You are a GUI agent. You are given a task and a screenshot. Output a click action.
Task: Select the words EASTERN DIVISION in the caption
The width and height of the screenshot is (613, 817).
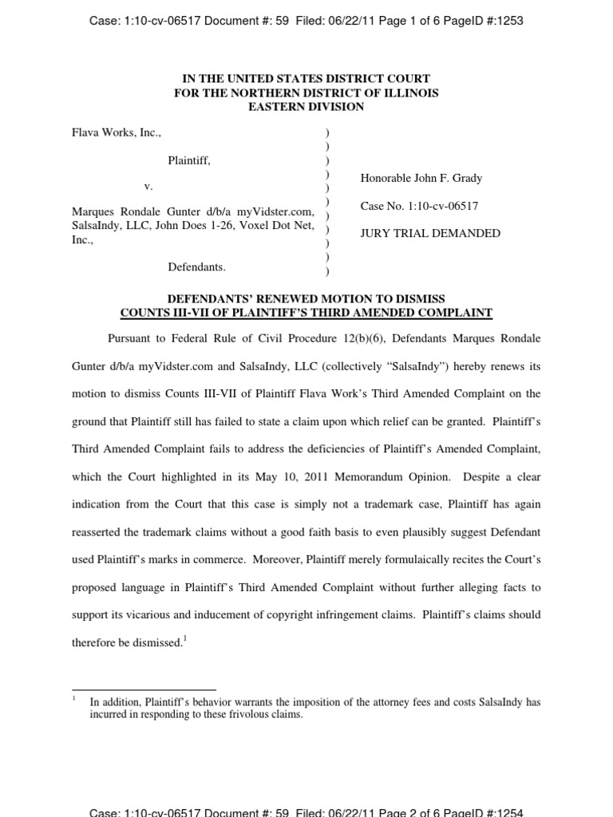pyautogui.click(x=306, y=107)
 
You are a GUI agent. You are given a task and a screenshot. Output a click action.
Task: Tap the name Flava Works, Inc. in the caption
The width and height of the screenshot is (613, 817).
pyautogui.click(x=117, y=132)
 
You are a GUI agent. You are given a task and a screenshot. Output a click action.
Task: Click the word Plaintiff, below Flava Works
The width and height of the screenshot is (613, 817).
pyautogui.click(x=189, y=160)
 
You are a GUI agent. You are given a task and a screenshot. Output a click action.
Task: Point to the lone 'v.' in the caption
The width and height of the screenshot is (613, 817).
pyautogui.click(x=148, y=186)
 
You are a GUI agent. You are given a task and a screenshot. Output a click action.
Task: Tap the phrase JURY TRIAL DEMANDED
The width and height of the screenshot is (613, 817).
pyautogui.click(x=430, y=234)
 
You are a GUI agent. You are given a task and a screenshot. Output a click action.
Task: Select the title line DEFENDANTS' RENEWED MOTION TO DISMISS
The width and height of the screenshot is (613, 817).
pyautogui.click(x=306, y=299)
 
